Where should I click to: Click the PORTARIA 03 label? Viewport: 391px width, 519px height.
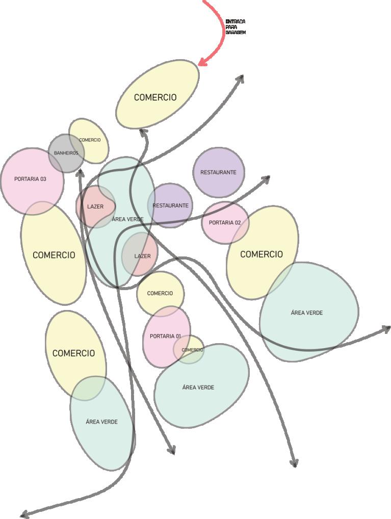pos(30,179)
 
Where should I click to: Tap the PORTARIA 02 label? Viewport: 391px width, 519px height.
pos(225,223)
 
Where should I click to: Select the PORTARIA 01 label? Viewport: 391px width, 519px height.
pos(165,336)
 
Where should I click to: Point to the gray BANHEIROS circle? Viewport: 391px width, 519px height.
pos(66,153)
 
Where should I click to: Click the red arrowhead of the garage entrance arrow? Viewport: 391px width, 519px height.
pos(201,63)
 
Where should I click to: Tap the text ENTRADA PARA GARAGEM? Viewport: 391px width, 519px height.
pos(235,27)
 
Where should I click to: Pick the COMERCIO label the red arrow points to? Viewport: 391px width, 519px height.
pos(155,97)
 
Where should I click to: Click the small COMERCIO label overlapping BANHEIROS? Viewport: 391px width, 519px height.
pos(90,140)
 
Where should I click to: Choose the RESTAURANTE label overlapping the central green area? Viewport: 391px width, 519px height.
pos(170,205)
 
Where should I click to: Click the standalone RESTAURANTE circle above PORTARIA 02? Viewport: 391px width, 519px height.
pos(218,172)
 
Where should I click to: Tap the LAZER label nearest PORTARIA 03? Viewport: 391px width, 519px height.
pos(95,207)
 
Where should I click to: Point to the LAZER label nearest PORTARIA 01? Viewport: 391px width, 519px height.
pos(142,256)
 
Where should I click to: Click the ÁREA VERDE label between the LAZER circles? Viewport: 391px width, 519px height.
pos(127,219)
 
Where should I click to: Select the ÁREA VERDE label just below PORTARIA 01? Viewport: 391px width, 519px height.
pos(198,387)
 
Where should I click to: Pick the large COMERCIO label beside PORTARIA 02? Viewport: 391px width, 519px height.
pos(261,254)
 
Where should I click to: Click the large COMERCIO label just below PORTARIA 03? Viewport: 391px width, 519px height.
pos(54,255)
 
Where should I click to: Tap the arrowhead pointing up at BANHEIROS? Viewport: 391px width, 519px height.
pos(80,173)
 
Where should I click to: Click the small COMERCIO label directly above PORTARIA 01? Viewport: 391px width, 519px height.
pos(160,294)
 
